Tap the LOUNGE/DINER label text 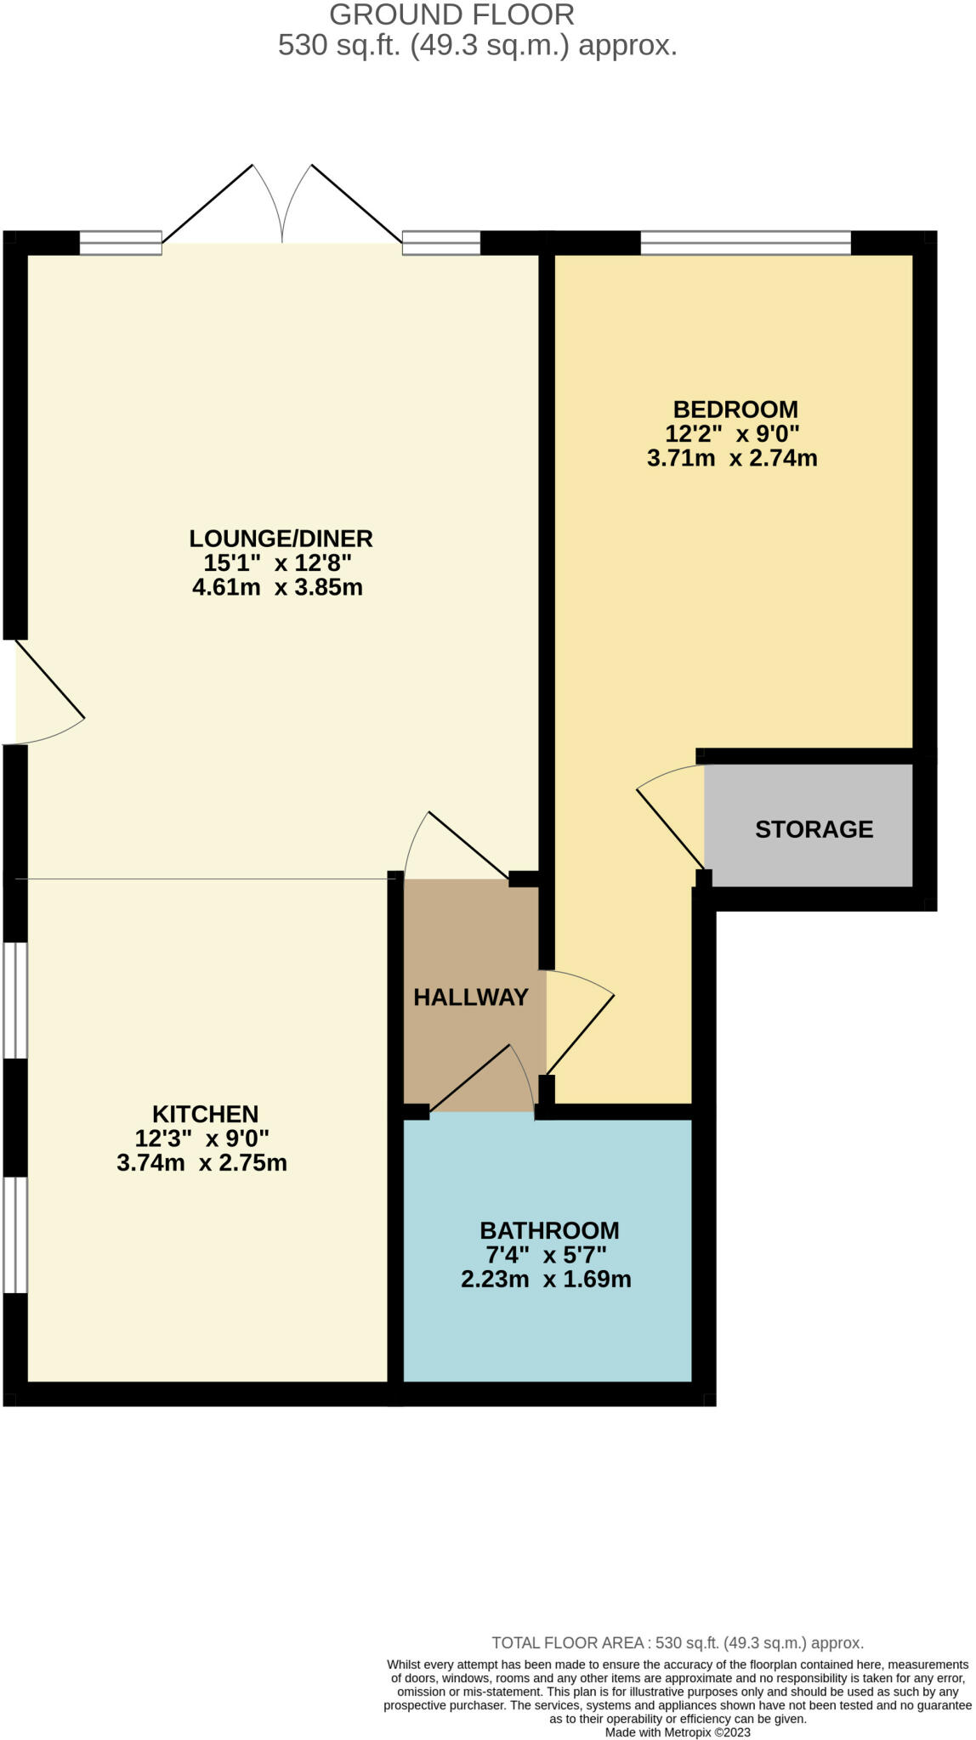(x=281, y=539)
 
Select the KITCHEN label (x=205, y=1114)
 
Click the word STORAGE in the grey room (x=814, y=829)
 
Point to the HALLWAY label (x=471, y=997)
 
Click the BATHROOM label (x=549, y=1230)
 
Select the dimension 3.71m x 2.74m (x=732, y=459)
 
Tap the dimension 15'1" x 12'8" (x=277, y=563)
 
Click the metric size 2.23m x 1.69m (x=546, y=1280)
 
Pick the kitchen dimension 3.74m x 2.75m (x=201, y=1163)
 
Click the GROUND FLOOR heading (x=451, y=14)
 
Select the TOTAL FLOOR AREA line (x=677, y=1643)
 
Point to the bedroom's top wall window (x=745, y=243)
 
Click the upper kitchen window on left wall (x=14, y=999)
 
